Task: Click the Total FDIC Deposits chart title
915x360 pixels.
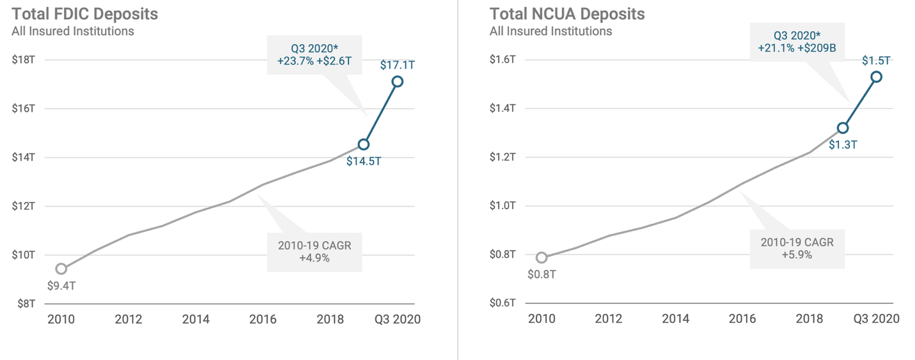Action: (85, 13)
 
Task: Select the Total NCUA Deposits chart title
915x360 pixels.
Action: (567, 13)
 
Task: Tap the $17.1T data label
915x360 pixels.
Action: (397, 65)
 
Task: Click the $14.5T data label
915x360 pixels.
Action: (364, 161)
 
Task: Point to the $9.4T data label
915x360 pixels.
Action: (61, 286)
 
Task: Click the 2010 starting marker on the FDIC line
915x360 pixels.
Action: (61, 269)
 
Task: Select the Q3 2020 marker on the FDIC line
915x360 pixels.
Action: (397, 81)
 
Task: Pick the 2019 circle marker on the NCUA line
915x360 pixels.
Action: (843, 129)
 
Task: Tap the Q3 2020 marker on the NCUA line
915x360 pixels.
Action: (876, 77)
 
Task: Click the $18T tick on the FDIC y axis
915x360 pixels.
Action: (23, 60)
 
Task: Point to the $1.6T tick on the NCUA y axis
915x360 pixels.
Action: (503, 60)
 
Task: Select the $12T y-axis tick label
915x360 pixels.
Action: (23, 206)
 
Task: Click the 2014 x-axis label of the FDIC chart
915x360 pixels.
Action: (195, 319)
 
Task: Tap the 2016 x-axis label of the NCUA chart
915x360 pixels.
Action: (742, 319)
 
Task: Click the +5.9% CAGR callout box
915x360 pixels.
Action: (796, 249)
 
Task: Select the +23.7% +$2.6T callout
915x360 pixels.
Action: (314, 55)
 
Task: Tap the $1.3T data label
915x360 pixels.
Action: (843, 145)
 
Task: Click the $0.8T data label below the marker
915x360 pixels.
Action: (542, 274)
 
